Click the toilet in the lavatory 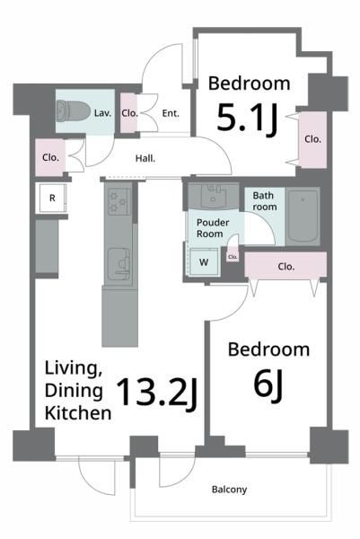[x=73, y=110]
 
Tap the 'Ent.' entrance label [x=171, y=113]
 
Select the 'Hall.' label [x=145, y=158]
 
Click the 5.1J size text [x=247, y=119]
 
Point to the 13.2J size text [x=157, y=393]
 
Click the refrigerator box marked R [x=52, y=198]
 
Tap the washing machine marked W [x=204, y=262]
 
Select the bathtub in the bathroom [x=303, y=216]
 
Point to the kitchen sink [x=119, y=264]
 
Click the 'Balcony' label [x=229, y=490]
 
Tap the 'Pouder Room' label [x=213, y=228]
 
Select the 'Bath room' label [x=265, y=201]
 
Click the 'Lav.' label [x=102, y=113]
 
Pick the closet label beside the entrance [x=129, y=113]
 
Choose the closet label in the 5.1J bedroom [x=313, y=139]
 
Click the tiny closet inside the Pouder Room [x=233, y=256]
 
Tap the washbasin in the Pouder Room [x=213, y=196]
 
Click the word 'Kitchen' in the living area [x=78, y=413]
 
